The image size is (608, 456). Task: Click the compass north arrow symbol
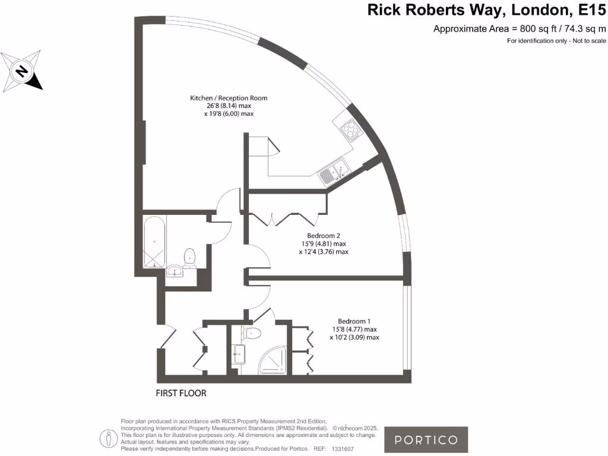(23, 71)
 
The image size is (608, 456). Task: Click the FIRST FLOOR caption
(181, 393)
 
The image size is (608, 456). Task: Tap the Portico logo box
(426, 440)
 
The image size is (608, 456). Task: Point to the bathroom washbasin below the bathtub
(176, 271)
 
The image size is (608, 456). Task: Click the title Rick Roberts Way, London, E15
(487, 10)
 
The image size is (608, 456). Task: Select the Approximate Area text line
(520, 28)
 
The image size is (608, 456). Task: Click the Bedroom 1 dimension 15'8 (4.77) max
(354, 330)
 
